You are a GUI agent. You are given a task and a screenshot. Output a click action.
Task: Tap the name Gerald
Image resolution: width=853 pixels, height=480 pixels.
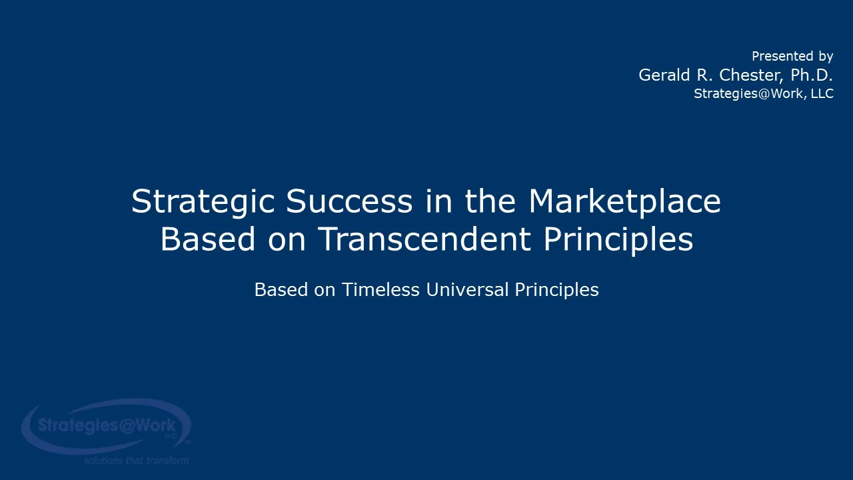pos(664,75)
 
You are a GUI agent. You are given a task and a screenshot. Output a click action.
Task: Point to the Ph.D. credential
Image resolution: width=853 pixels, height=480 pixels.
pos(812,75)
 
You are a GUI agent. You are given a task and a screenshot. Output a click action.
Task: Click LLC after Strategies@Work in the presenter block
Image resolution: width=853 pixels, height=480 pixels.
pos(822,93)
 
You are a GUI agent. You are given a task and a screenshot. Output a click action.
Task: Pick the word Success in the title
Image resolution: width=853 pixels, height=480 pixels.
pos(349,201)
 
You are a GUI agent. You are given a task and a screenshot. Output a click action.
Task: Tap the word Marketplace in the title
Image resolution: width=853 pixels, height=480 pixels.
pos(624,201)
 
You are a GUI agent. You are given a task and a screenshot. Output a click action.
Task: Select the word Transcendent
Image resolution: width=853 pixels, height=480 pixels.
pos(425,239)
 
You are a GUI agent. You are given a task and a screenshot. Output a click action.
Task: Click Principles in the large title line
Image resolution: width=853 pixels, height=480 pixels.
pos(618,239)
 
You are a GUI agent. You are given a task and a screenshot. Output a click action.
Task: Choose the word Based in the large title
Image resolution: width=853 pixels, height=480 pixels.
pos(207,239)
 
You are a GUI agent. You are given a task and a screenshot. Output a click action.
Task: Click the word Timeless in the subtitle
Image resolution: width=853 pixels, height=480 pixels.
pos(381,290)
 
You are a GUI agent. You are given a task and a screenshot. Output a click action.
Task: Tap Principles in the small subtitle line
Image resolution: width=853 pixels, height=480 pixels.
pos(556,290)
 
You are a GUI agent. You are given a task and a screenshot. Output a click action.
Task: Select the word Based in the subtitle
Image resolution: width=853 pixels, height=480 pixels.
pos(281,290)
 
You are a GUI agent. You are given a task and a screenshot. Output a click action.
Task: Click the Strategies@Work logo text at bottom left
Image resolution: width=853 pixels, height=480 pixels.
pos(107,425)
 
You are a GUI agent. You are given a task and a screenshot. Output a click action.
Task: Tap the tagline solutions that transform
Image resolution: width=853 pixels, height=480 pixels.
pos(136,460)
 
